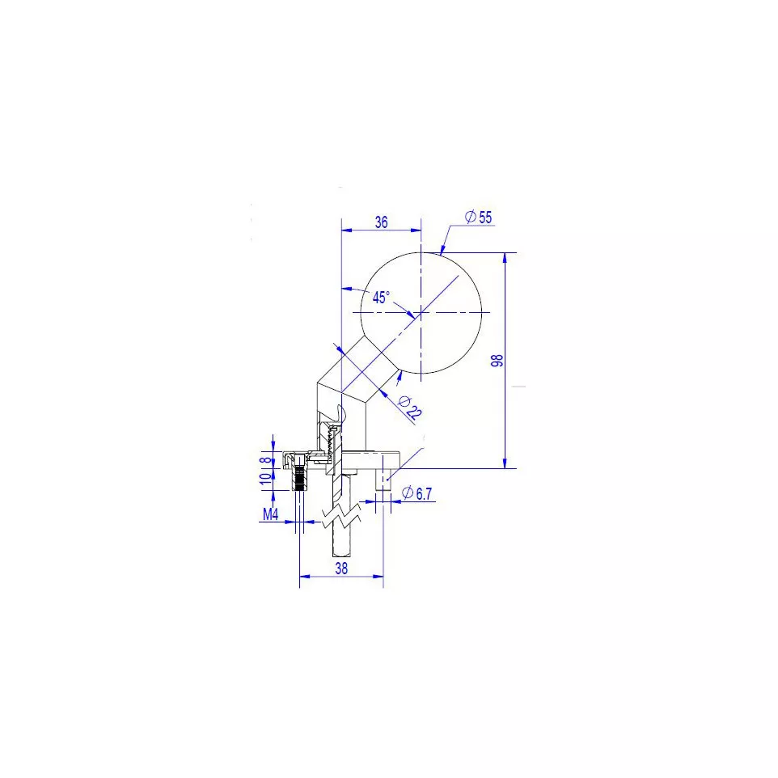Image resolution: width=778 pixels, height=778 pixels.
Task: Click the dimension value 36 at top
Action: (x=381, y=222)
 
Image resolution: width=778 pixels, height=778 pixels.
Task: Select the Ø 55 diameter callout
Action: (x=478, y=217)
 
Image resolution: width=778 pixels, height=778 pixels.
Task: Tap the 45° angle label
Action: (x=381, y=297)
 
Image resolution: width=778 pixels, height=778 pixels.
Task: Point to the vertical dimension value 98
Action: (x=497, y=360)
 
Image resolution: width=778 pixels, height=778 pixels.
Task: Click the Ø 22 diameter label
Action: (x=410, y=408)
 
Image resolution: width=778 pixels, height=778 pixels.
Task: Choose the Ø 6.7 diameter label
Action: (x=416, y=493)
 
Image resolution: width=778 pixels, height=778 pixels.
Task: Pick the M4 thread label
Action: (x=270, y=514)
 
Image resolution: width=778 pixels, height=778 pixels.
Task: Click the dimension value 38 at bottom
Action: (x=341, y=568)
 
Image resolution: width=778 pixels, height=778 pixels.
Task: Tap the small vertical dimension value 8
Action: (x=268, y=459)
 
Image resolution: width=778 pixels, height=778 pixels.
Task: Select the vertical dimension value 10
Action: (x=266, y=478)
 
